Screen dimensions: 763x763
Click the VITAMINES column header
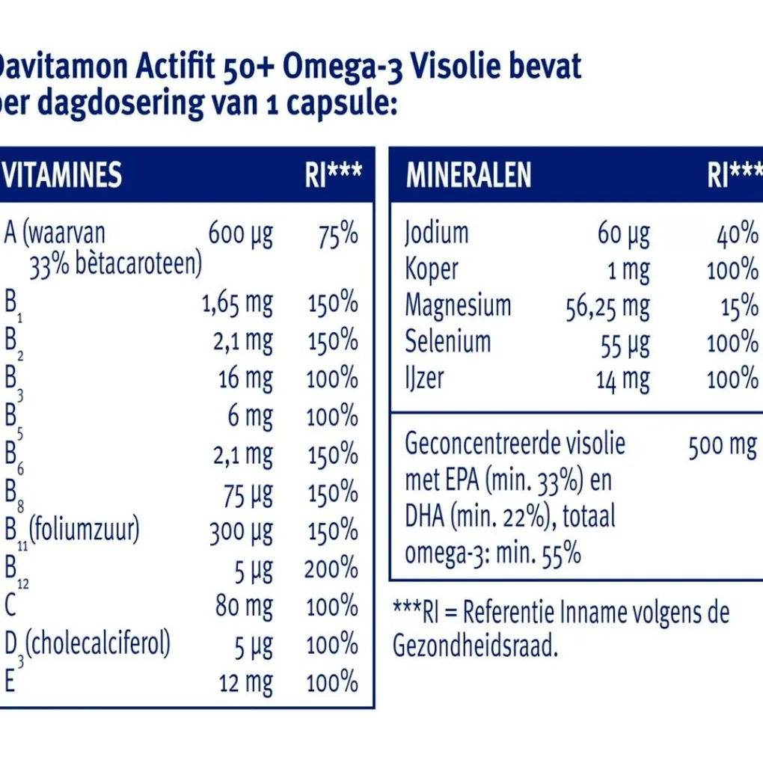[63, 175]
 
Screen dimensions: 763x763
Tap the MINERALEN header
[468, 175]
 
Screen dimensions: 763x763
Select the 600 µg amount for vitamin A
[240, 234]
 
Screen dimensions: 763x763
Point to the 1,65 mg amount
[237, 304]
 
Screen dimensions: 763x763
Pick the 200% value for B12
[331, 569]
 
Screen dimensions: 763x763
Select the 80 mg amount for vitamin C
[244, 606]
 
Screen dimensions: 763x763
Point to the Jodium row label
[437, 233]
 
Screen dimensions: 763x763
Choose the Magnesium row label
[458, 305]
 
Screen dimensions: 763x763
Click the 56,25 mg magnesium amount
[607, 307]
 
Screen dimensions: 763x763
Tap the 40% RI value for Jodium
[737, 233]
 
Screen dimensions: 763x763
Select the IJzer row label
[424, 379]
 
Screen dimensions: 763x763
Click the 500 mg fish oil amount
[721, 446]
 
